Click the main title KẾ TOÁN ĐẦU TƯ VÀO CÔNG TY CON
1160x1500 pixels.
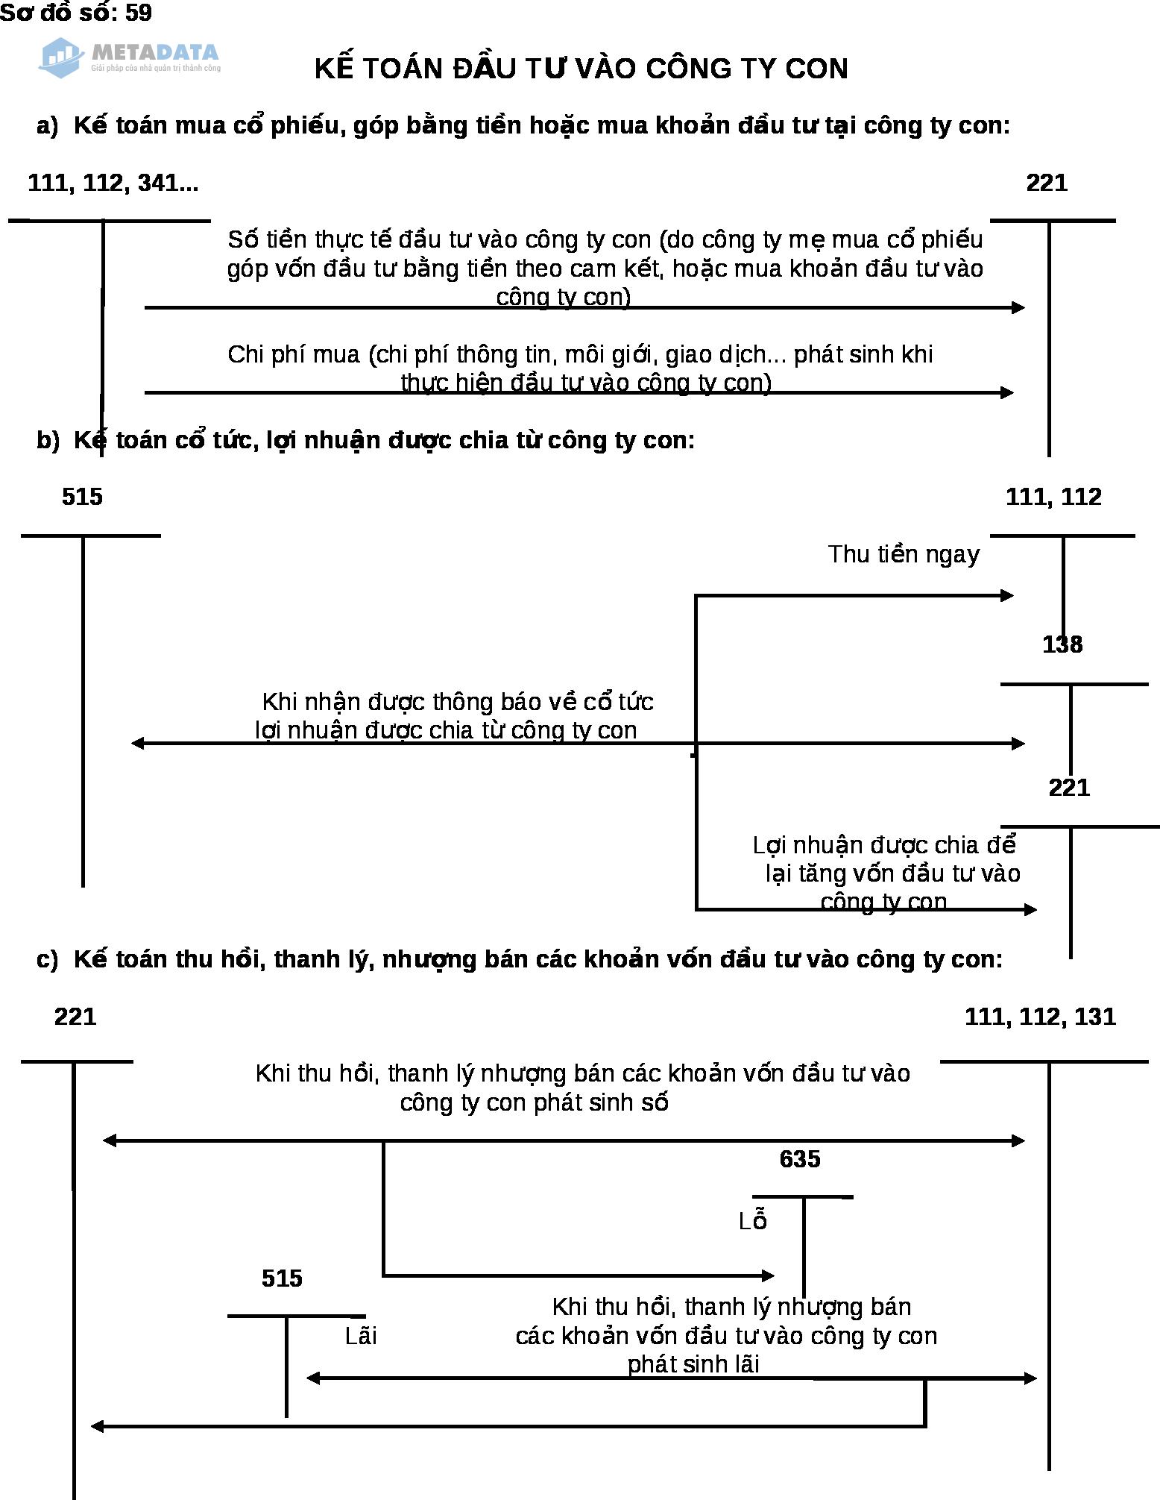pos(581,69)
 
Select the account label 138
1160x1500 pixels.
pos(1062,644)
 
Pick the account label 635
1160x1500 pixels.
pos(799,1158)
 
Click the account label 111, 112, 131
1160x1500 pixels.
pos(1040,1017)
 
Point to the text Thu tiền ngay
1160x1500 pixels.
pos(904,554)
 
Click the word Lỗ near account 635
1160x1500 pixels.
pos(753,1221)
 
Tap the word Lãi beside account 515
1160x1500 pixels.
pos(361,1336)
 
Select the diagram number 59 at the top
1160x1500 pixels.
pos(139,13)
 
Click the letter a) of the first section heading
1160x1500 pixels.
pos(47,125)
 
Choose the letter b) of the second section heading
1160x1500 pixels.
pos(47,440)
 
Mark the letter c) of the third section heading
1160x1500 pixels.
pos(47,958)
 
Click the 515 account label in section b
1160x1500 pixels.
pos(82,497)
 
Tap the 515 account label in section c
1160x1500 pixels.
pos(282,1278)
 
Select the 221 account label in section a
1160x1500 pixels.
pos(1047,183)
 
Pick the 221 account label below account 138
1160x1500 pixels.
pos(1069,788)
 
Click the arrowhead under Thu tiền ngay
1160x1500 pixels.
pos(1007,595)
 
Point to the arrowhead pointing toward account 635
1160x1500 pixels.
pos(769,1276)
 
